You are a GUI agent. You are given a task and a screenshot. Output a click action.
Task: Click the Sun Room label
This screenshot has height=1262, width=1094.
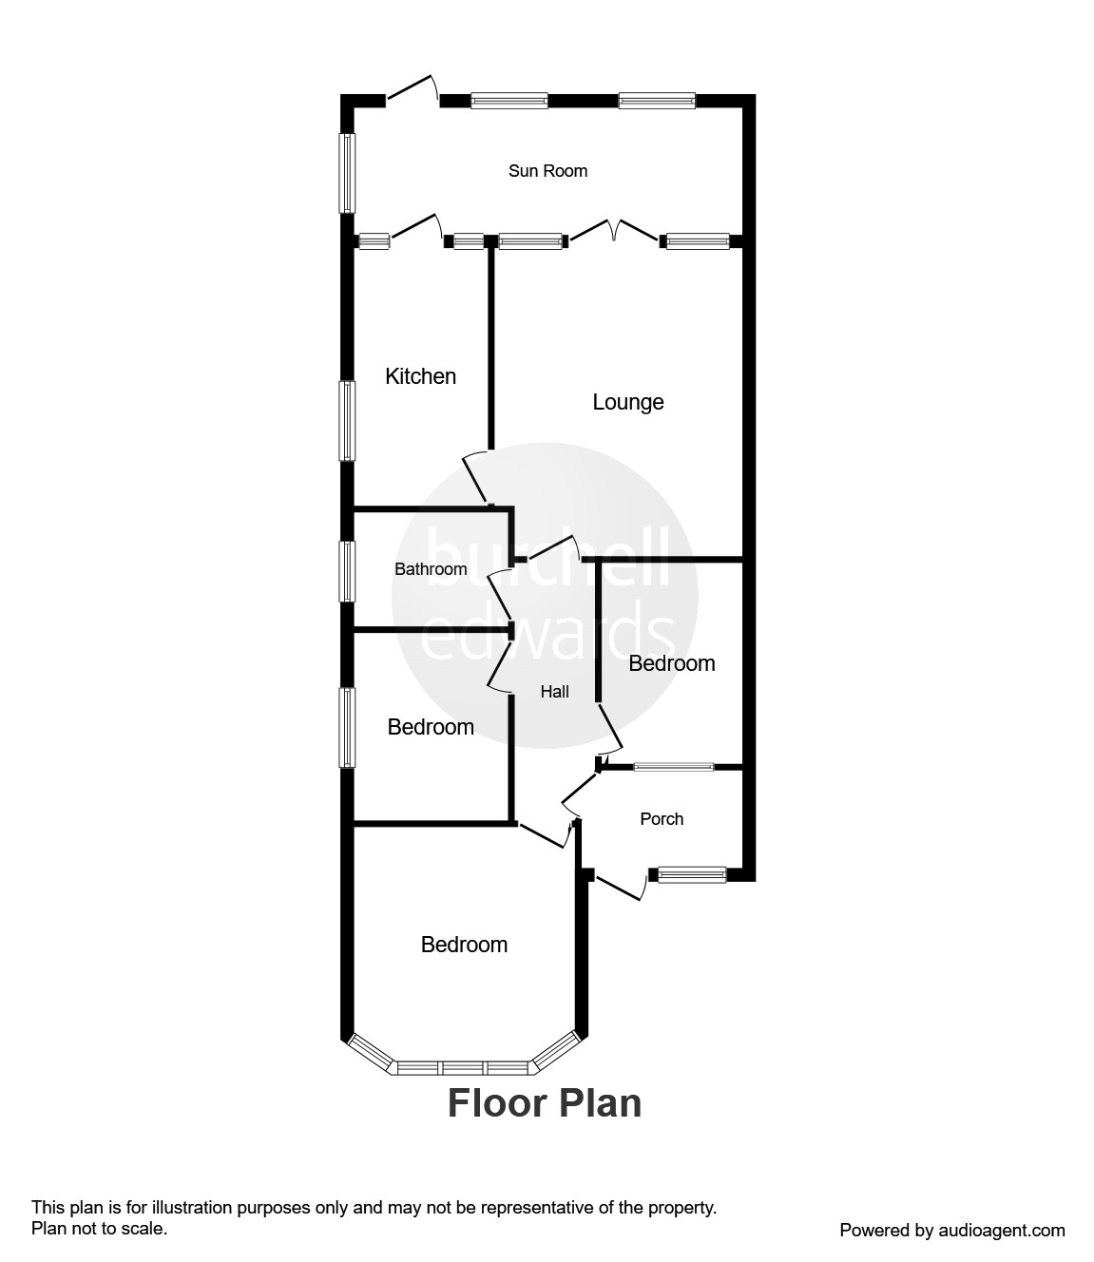(x=547, y=171)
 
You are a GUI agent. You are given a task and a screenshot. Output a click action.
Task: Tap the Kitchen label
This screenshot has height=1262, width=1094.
(x=420, y=376)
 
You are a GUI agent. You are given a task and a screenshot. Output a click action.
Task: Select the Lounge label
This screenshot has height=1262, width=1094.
(x=627, y=402)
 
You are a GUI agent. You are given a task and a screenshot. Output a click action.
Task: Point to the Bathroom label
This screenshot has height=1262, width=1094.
(x=431, y=569)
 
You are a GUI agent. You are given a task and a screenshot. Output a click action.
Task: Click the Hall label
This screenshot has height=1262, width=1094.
(x=554, y=692)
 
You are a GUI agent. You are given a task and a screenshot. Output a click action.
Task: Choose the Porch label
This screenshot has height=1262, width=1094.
(x=662, y=819)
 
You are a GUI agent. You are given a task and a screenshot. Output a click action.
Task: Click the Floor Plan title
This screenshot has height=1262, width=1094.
(x=545, y=1103)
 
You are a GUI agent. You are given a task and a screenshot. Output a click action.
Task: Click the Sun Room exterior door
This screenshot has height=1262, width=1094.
(x=413, y=88)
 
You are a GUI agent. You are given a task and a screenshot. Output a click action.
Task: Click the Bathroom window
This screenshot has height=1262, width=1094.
(x=348, y=570)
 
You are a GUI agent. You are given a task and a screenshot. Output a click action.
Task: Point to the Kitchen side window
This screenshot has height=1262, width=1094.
(x=348, y=421)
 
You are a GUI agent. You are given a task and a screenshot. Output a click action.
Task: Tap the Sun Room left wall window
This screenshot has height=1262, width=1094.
(x=348, y=172)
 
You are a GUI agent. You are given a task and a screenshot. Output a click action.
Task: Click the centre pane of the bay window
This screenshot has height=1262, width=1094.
(x=463, y=1067)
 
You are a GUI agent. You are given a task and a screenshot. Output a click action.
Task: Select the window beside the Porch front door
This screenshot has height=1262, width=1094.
(x=693, y=874)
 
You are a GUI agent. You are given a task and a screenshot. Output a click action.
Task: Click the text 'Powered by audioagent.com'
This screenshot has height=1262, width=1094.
(x=952, y=1230)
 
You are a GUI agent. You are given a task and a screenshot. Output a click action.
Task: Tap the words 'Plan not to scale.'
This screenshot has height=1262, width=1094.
(x=100, y=1228)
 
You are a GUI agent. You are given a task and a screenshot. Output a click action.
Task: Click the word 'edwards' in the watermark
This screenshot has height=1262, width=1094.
(x=547, y=637)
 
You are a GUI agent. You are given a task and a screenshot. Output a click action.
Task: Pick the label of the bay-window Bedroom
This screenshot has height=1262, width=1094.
(x=464, y=945)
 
